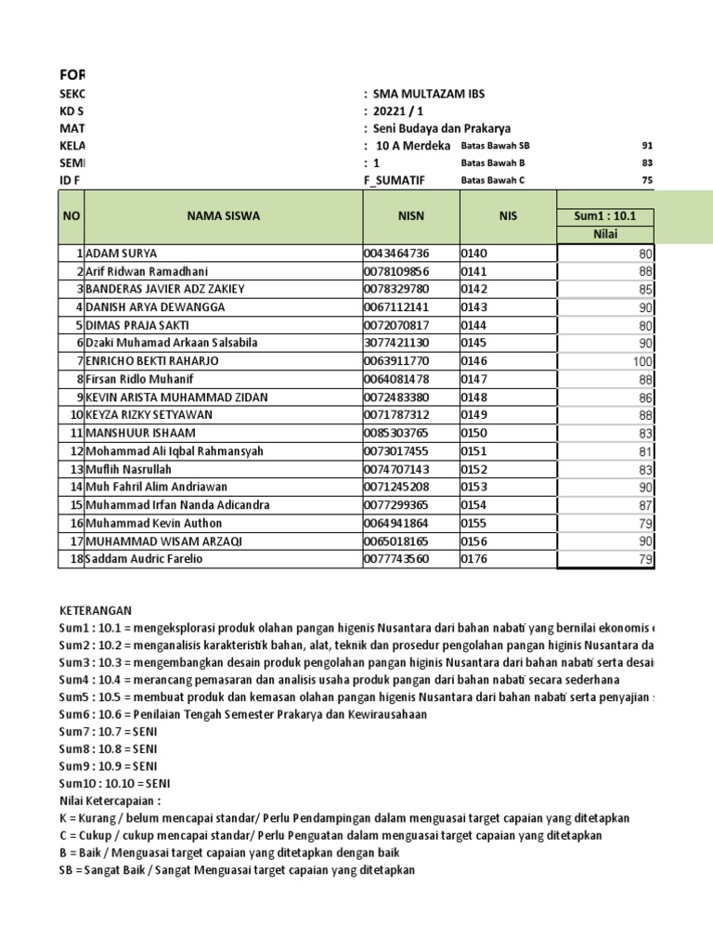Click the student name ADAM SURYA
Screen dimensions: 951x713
pos(122,253)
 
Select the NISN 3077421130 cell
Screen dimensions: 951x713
pos(396,343)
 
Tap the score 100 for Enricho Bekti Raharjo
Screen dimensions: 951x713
pos(643,361)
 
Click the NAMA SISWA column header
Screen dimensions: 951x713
pos(223,216)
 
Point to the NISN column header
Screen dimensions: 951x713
pos(409,216)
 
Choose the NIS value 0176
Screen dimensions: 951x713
pos(474,559)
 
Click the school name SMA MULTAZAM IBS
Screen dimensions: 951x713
pos(428,94)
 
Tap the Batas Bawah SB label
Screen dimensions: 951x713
pos(495,146)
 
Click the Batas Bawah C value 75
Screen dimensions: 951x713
pos(647,181)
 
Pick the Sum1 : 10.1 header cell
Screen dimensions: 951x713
pos(605,216)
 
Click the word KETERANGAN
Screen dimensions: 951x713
pos(96,610)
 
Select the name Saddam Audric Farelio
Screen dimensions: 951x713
pos(144,559)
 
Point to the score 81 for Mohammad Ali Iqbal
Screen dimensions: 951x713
pos(646,451)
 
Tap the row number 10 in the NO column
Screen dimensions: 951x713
pos(76,415)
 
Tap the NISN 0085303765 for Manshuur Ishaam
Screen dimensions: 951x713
pos(396,433)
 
